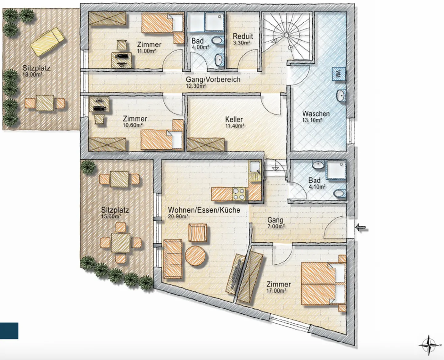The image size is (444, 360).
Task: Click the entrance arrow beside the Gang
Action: tap(360, 228)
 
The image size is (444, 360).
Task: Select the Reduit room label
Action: tap(243, 36)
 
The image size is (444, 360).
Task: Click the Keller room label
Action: tap(234, 119)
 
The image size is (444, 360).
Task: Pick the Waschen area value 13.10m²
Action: tap(312, 120)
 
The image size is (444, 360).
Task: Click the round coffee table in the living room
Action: tap(195, 256)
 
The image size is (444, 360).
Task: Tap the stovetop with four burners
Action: tap(239, 194)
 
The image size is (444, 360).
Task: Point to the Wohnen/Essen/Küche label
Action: tap(204, 210)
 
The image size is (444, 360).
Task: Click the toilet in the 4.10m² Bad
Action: tap(339, 194)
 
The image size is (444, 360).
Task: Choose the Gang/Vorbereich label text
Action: tap(213, 80)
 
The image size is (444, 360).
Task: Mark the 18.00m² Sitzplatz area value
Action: tap(32, 74)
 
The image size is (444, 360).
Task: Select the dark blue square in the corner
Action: tap(9, 331)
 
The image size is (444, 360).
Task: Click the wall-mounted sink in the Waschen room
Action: tap(341, 96)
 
